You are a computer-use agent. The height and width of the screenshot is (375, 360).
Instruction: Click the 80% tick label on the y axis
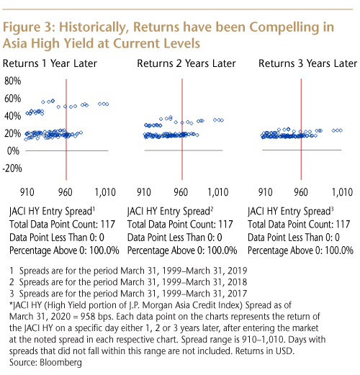(12, 81)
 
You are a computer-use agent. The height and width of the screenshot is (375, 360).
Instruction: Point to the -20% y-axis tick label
(12, 168)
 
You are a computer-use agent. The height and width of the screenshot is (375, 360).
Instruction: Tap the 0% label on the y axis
(13, 151)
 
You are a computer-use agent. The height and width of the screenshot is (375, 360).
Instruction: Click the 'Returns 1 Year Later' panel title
(50, 63)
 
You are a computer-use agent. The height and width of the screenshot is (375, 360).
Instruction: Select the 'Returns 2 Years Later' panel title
(186, 63)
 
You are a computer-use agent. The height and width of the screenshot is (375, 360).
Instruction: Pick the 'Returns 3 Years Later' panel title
(308, 63)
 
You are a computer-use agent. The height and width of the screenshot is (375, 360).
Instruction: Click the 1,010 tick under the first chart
(105, 192)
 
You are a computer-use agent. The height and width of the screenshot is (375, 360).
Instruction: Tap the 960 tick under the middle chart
(181, 192)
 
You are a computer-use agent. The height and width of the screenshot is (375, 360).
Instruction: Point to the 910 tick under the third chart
(265, 192)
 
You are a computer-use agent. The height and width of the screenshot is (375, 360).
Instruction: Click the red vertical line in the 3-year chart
(301, 130)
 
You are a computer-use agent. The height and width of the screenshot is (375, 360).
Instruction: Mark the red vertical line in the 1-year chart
(66, 130)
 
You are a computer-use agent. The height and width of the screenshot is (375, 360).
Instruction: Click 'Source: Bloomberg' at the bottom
(45, 362)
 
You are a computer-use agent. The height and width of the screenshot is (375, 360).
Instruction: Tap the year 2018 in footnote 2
(237, 282)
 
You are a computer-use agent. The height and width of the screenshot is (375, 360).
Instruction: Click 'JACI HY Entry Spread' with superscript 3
(291, 212)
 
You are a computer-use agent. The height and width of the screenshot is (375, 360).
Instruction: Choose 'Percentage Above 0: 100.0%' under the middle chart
(182, 250)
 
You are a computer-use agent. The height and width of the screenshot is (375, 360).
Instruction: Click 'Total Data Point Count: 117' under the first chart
(62, 225)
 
